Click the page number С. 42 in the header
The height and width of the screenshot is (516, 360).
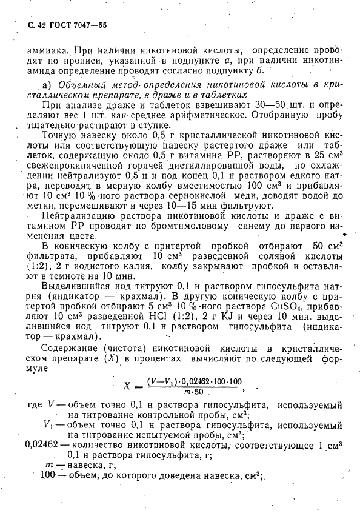coord(39,25)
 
